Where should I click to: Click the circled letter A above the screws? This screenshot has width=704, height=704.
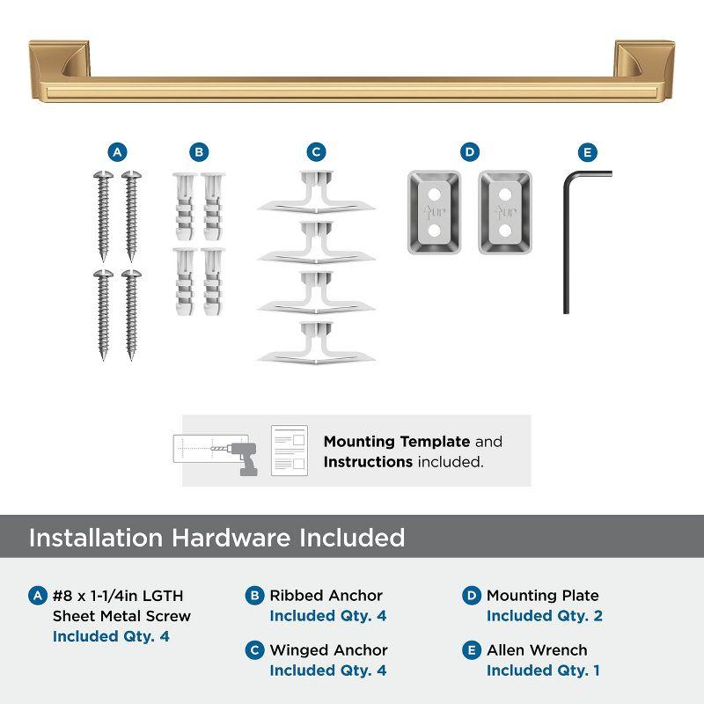[x=117, y=152]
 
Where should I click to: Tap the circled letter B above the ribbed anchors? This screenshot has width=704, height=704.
[x=199, y=152]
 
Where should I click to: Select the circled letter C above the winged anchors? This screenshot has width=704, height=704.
[x=316, y=152]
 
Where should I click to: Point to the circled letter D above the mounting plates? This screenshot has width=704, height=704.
[x=470, y=152]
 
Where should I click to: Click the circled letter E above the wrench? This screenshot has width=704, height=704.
[x=588, y=152]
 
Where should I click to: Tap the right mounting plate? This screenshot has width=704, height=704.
[x=505, y=211]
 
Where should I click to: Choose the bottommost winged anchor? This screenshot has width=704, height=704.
[x=316, y=344]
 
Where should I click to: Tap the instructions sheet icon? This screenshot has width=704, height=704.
[x=290, y=451]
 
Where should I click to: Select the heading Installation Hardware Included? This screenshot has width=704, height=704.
[x=216, y=538]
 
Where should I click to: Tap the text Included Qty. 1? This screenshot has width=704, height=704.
[x=544, y=671]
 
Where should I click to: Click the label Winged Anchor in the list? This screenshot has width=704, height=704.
[x=328, y=650]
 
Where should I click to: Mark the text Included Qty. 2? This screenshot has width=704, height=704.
[x=544, y=616]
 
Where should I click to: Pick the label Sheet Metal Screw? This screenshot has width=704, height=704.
[x=121, y=616]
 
